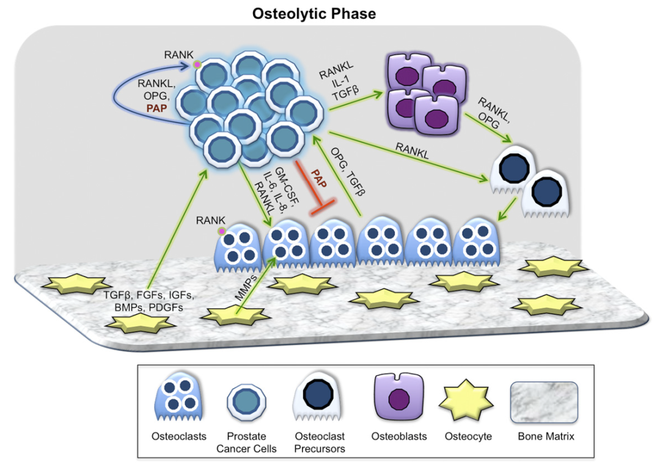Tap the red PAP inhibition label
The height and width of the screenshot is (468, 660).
tap(321, 179)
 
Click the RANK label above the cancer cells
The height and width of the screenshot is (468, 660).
tap(178, 55)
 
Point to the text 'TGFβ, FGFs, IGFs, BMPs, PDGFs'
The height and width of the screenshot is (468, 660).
tap(149, 301)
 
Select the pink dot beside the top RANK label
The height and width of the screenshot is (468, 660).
tap(197, 64)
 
